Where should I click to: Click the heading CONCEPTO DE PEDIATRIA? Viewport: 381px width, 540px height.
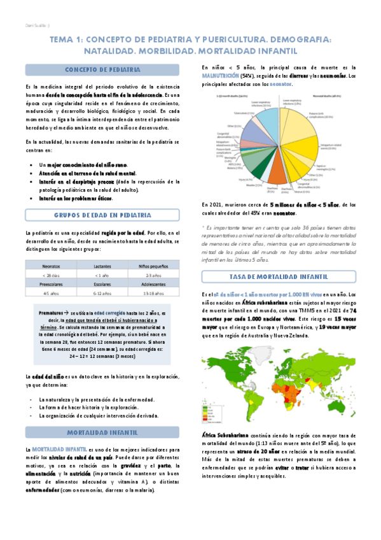click(103, 69)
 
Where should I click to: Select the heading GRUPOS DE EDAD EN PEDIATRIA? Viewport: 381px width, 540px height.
click(103, 215)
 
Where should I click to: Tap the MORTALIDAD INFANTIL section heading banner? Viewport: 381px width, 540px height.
click(103, 432)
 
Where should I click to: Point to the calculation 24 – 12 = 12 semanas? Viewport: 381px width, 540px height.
click(102, 357)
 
